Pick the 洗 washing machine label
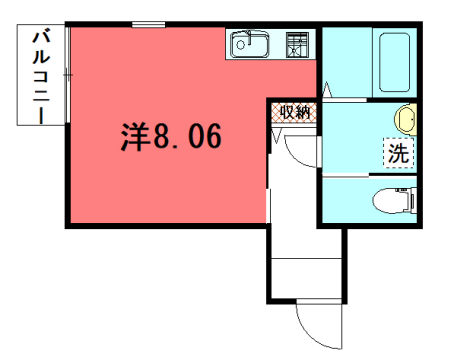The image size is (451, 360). pos(398,154)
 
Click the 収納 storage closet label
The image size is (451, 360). pos(292,111)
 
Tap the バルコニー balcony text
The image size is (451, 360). pos(41,76)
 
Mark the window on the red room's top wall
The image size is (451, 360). pos(148,24)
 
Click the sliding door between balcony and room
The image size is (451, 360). pos(67,75)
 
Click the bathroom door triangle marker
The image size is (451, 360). pos(327,92)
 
